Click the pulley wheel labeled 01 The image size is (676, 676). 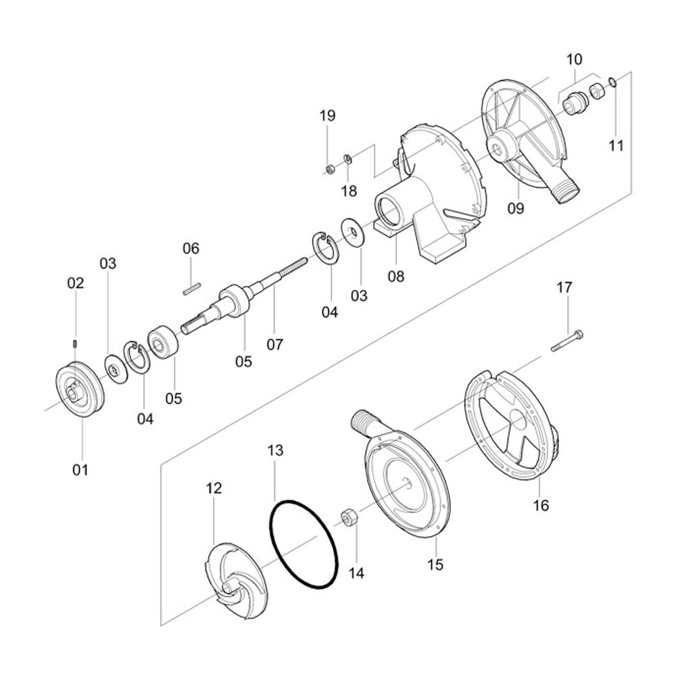click(80, 391)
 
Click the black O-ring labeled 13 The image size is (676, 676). click(304, 544)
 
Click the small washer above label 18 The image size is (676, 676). click(347, 159)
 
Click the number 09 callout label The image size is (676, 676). click(516, 209)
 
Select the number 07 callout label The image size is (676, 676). click(274, 344)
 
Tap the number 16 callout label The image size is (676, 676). click(541, 506)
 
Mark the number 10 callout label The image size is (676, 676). click(575, 59)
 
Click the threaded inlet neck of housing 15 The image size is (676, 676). click(366, 420)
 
